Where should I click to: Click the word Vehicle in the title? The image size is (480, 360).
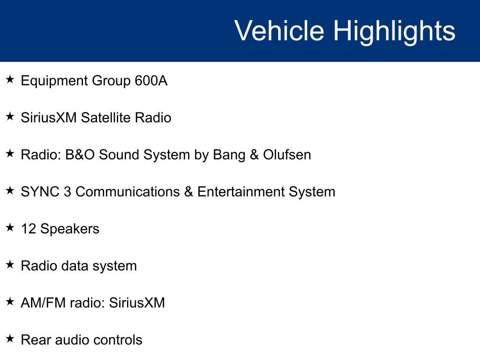click(x=279, y=30)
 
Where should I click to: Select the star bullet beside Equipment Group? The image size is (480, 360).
click(x=10, y=80)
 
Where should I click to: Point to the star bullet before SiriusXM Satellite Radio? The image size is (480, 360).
click(x=10, y=116)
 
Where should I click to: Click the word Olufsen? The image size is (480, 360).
click(x=287, y=155)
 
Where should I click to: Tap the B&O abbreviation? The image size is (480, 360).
click(x=80, y=155)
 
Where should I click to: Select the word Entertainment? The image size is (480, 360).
click(x=241, y=192)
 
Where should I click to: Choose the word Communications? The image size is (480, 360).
click(x=127, y=192)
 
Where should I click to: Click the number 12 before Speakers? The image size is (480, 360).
click(x=29, y=229)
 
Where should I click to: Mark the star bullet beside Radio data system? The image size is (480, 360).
click(x=10, y=264)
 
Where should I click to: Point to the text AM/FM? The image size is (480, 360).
click(x=43, y=303)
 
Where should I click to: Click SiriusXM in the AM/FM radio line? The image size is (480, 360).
click(x=137, y=303)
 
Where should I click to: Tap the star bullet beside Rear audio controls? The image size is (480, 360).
click(x=10, y=338)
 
